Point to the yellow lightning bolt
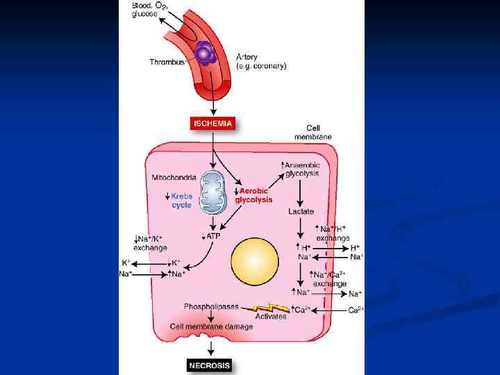272,306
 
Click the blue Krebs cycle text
182,201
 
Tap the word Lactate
301,211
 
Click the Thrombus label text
166,62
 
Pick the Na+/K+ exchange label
149,243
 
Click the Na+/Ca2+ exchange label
330,279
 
